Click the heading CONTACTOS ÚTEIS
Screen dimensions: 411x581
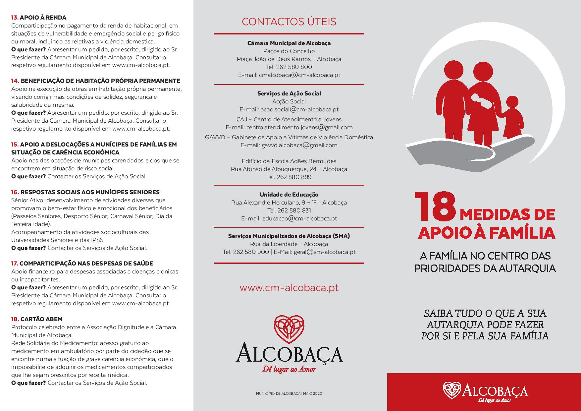point(289,22)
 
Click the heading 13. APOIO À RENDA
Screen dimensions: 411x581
point(39,18)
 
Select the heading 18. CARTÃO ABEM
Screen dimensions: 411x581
point(37,319)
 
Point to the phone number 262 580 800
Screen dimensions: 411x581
point(294,67)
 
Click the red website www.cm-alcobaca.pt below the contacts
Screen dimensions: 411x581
point(289,287)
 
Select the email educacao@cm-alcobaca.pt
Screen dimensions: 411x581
point(299,218)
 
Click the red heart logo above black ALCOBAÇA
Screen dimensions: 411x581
point(289,329)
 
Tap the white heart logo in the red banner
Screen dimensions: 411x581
point(452,390)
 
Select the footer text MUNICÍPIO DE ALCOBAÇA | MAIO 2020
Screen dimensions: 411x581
point(289,394)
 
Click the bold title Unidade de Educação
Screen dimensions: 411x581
point(289,195)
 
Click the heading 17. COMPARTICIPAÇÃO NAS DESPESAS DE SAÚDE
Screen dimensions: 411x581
point(82,264)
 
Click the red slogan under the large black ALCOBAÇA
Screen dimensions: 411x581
point(289,370)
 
